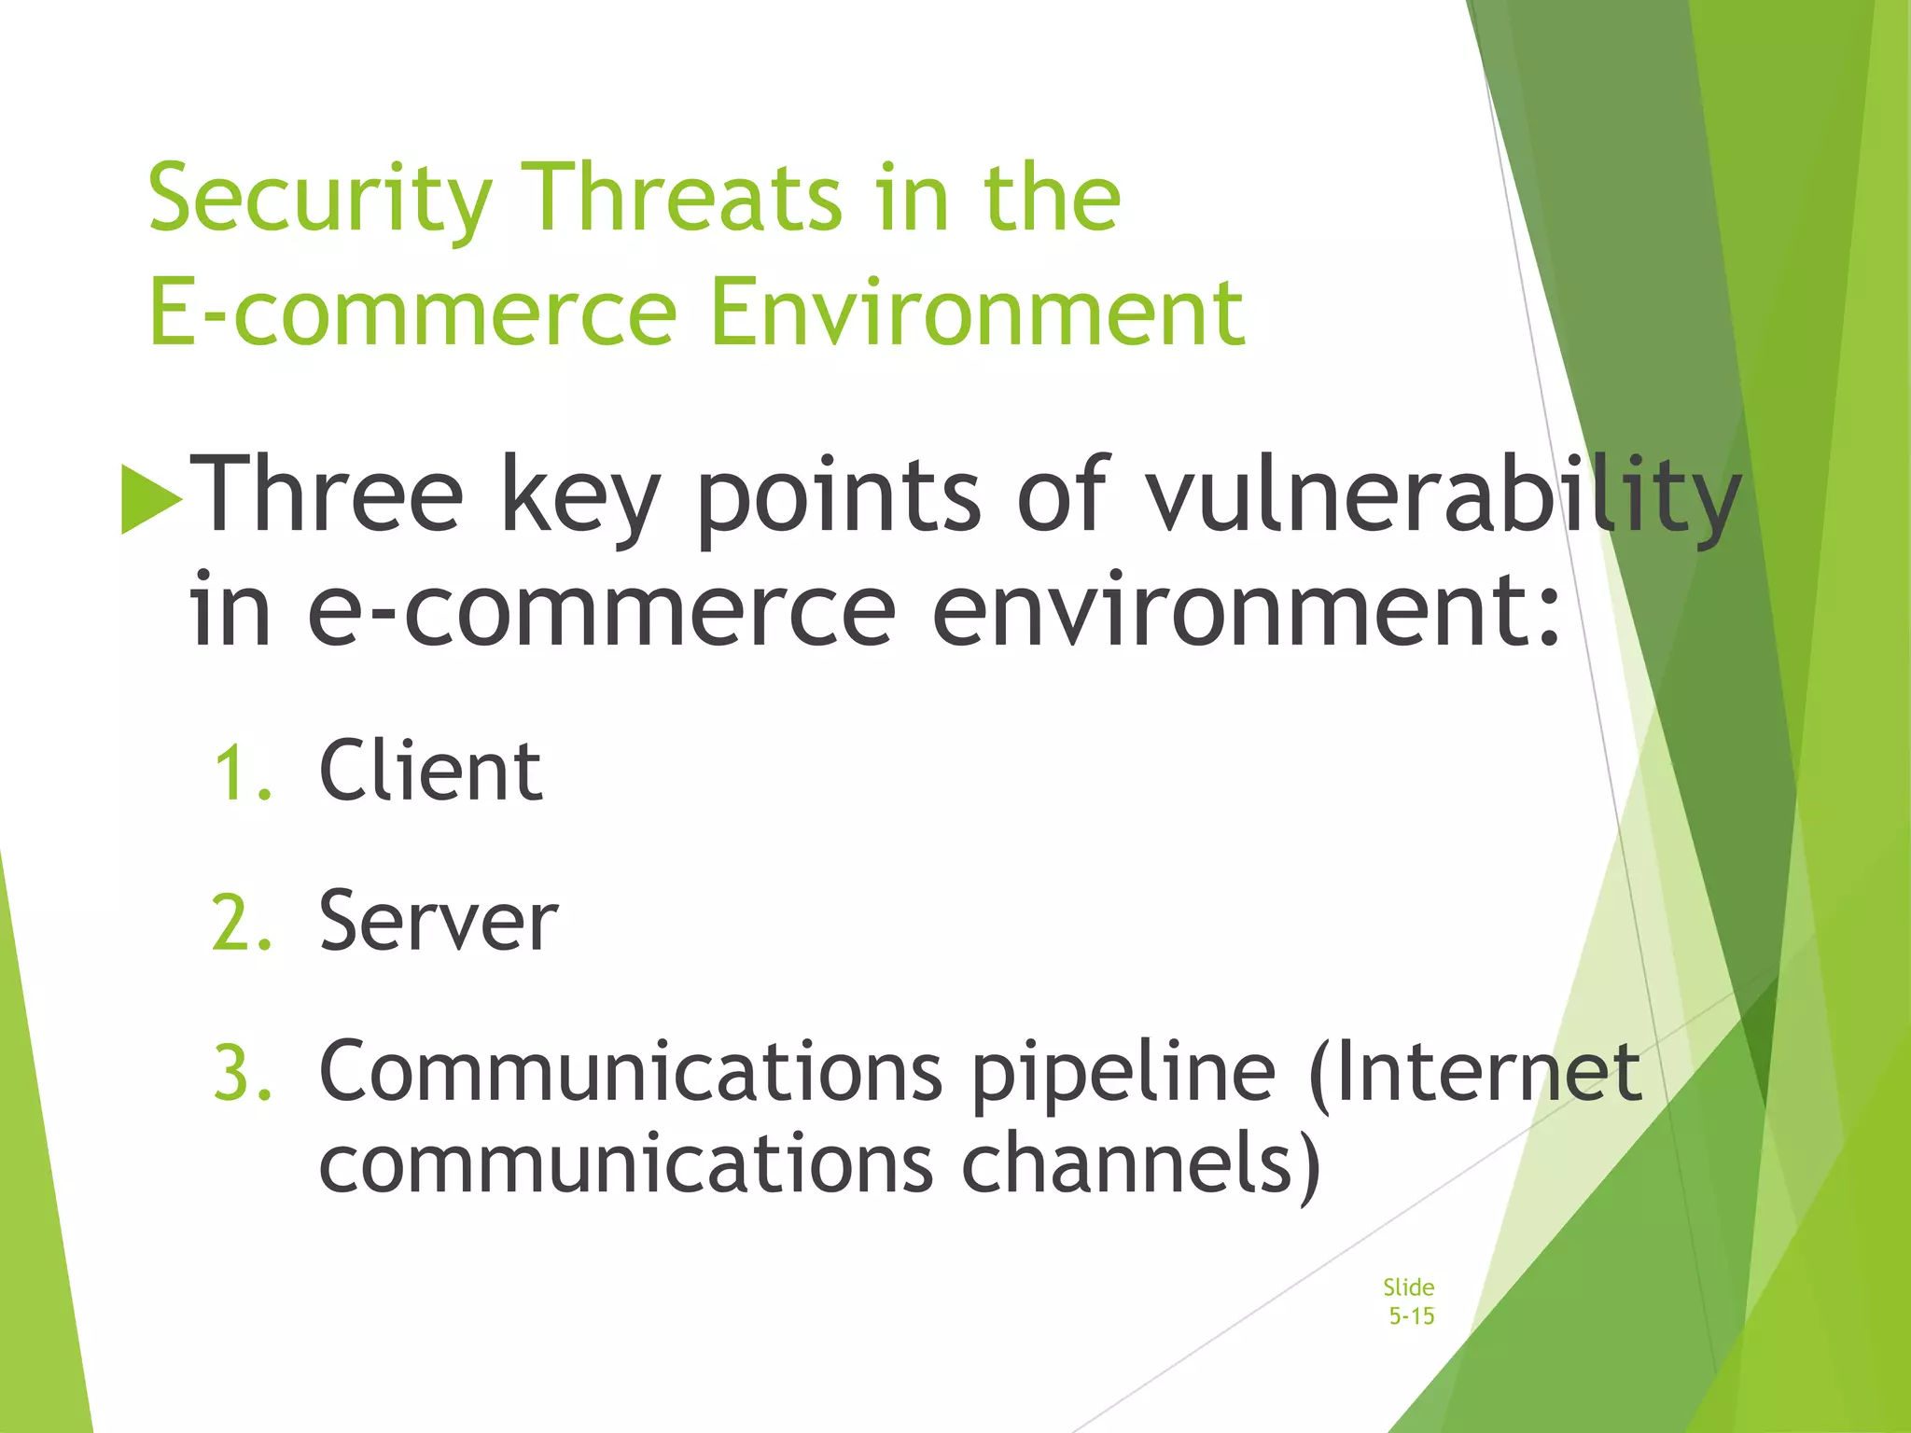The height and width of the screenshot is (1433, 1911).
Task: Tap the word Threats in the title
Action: [685, 198]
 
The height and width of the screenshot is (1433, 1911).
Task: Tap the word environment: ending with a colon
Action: [1247, 611]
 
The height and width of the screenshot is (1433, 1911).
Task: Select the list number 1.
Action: [243, 773]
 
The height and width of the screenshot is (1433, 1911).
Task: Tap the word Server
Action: [438, 922]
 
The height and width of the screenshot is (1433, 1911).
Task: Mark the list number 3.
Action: [243, 1074]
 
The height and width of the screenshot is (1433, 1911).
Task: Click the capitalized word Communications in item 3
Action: [631, 1072]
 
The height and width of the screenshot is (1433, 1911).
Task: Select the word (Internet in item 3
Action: [1474, 1072]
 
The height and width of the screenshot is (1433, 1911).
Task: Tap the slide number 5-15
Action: [1411, 1316]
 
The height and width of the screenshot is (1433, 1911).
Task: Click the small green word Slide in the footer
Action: [1408, 1287]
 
